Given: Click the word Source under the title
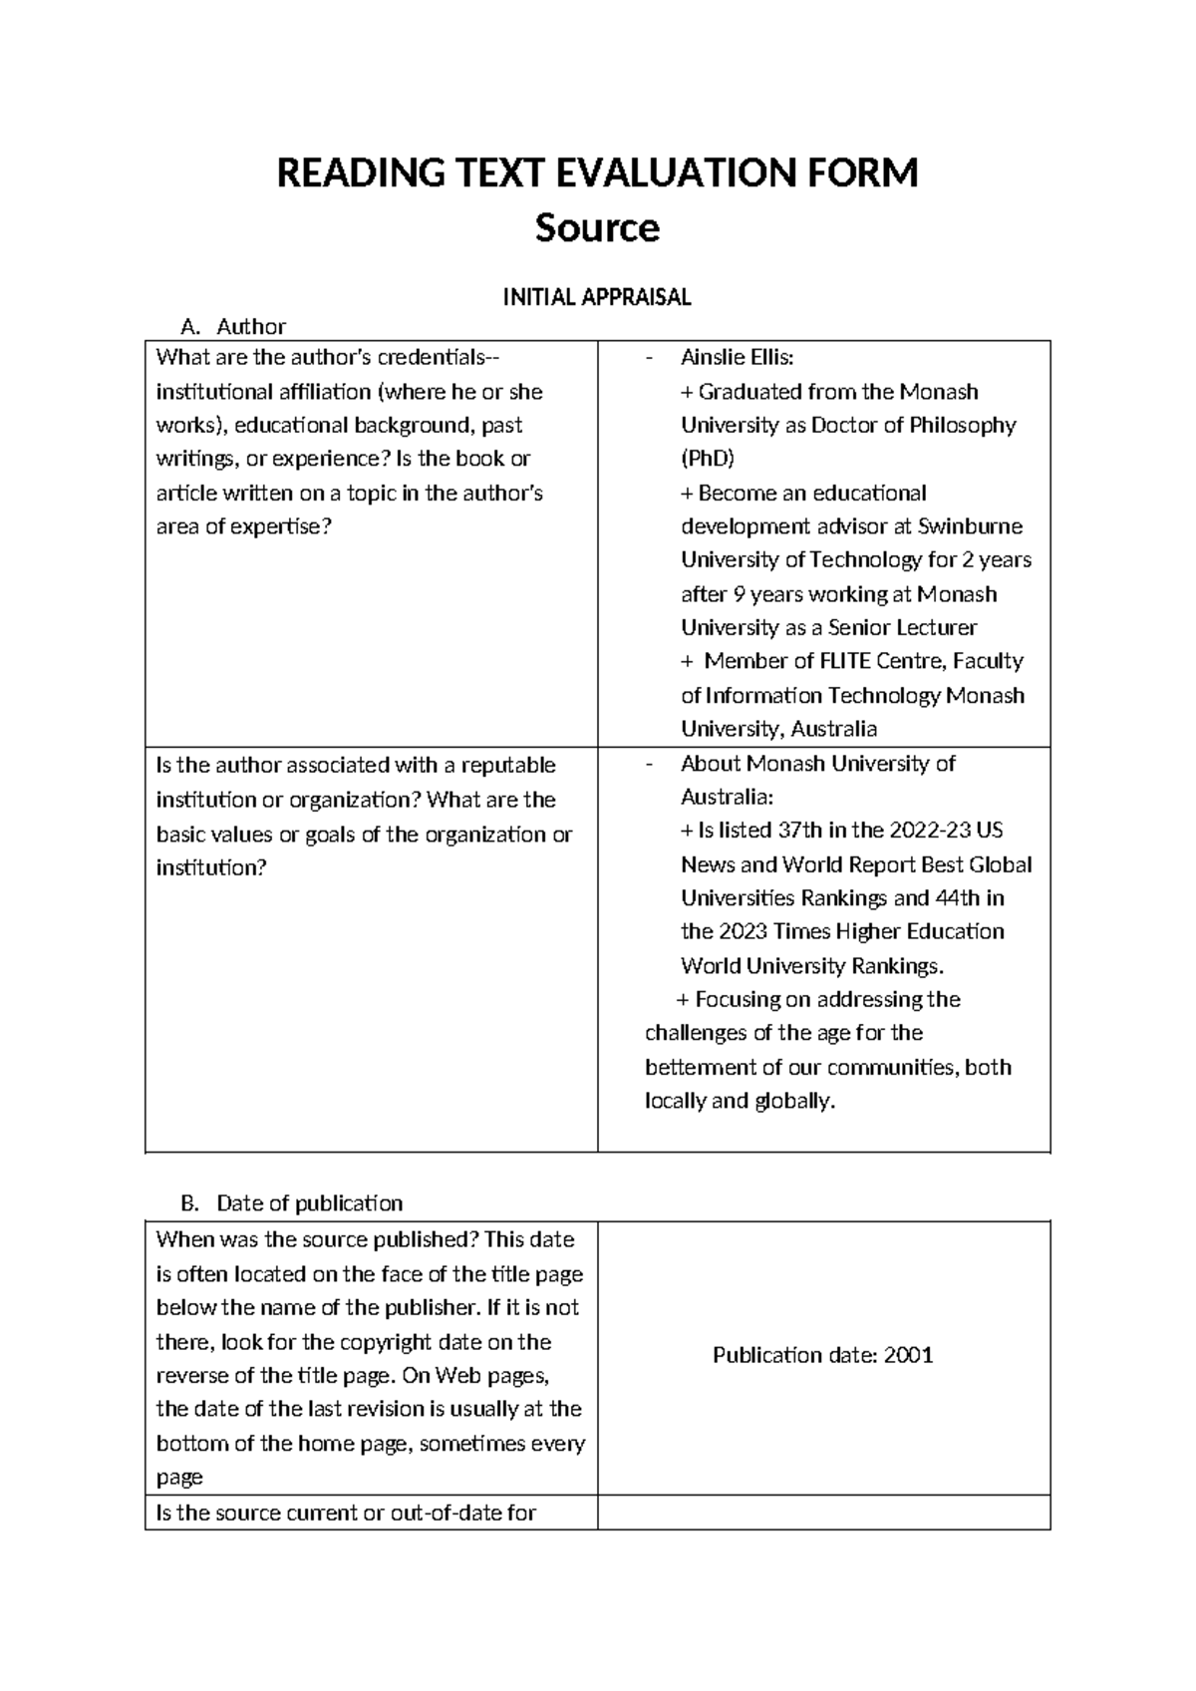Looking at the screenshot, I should coord(597,228).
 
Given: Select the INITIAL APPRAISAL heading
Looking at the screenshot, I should coord(597,297).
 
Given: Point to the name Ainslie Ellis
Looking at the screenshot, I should coord(737,357).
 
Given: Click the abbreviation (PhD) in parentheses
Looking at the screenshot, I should coord(707,459).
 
